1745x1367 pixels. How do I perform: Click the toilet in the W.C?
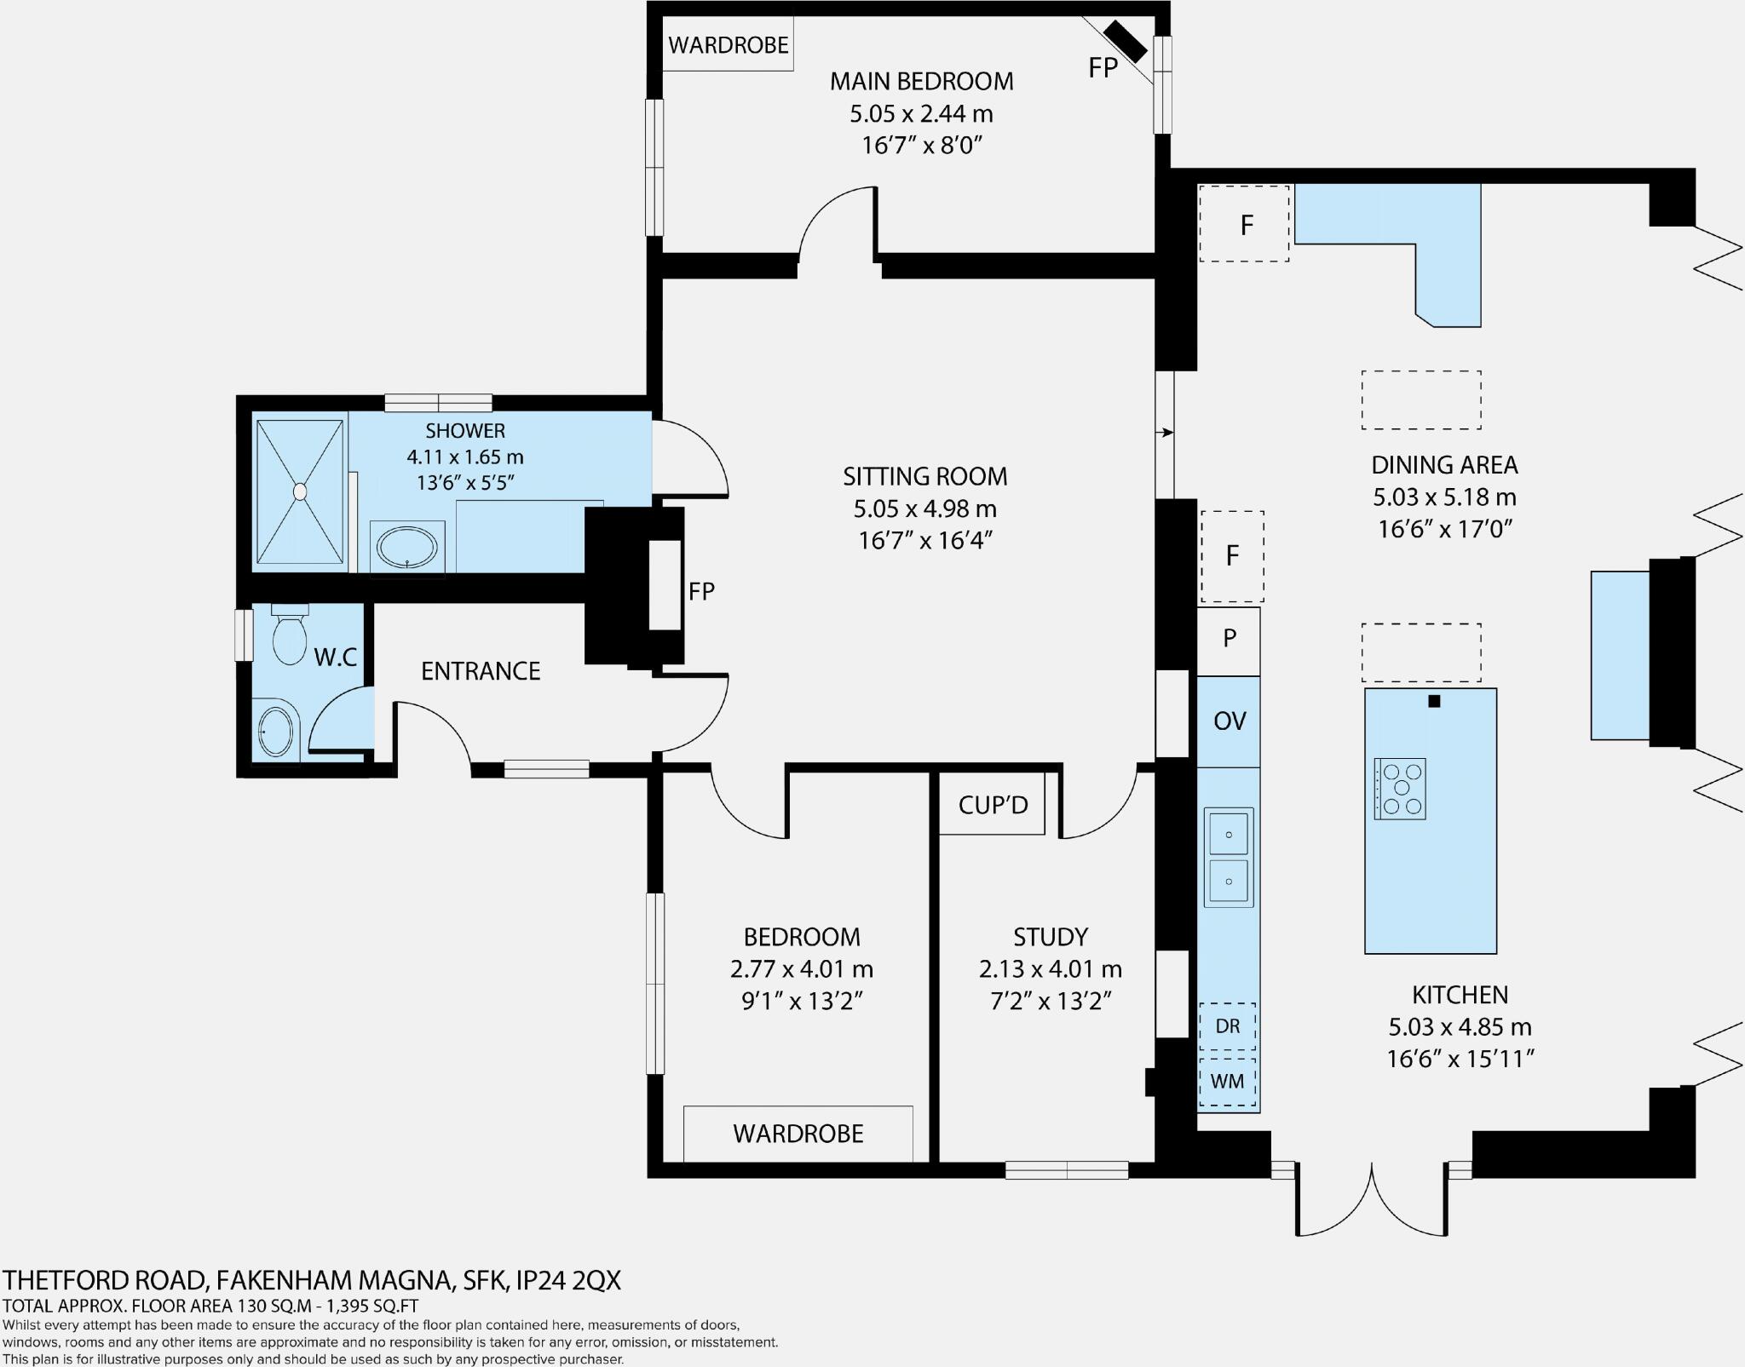pyautogui.click(x=290, y=639)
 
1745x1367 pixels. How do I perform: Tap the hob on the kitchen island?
pyautogui.click(x=1400, y=789)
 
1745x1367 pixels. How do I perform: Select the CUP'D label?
pyautogui.click(x=993, y=805)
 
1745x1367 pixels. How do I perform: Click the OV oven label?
pyautogui.click(x=1229, y=721)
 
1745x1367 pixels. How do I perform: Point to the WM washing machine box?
pyautogui.click(x=1227, y=1082)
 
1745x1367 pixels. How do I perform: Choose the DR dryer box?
pyautogui.click(x=1227, y=1026)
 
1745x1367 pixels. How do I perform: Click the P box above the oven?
pyautogui.click(x=1229, y=639)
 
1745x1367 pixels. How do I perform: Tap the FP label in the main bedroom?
pyautogui.click(x=1103, y=68)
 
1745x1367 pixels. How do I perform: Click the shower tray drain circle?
pyautogui.click(x=300, y=491)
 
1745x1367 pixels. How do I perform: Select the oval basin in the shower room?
pyautogui.click(x=407, y=548)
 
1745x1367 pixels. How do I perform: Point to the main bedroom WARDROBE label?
pyautogui.click(x=728, y=45)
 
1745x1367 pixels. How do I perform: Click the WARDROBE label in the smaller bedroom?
pyautogui.click(x=798, y=1134)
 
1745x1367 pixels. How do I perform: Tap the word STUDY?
pyautogui.click(x=1050, y=937)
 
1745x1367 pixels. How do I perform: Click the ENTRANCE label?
pyautogui.click(x=481, y=671)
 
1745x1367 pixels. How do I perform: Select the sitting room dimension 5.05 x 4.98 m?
pyautogui.click(x=924, y=508)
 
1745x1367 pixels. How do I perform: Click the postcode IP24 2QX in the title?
pyautogui.click(x=568, y=1281)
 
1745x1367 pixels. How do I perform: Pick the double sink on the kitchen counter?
pyautogui.click(x=1229, y=858)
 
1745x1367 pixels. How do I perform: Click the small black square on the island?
pyautogui.click(x=1434, y=702)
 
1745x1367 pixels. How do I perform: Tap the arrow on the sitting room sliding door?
pyautogui.click(x=1165, y=433)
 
